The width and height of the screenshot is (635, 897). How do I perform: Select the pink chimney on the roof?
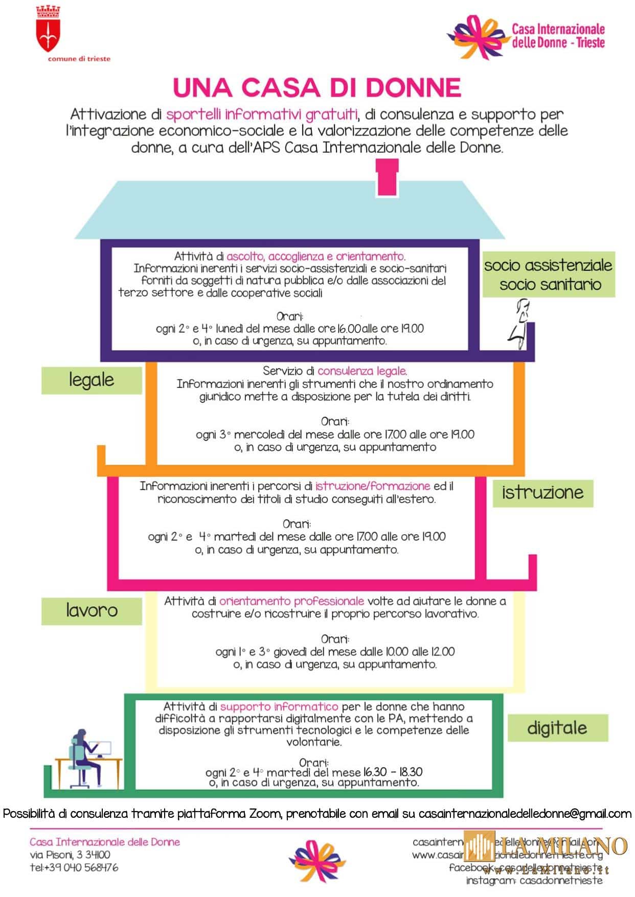pos(387,178)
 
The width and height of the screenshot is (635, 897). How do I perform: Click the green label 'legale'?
pos(92,380)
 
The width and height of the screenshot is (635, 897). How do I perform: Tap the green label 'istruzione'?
pos(542,493)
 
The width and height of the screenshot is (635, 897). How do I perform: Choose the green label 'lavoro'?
pos(92,611)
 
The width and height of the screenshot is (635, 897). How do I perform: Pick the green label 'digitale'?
pos(557,728)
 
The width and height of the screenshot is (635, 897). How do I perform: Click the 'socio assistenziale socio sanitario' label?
pos(548,274)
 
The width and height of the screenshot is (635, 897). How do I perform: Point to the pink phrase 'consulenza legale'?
pos(362,371)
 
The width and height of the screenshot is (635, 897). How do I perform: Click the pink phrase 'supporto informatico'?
pos(279,707)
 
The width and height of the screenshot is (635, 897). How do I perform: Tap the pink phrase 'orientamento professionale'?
pos(291,601)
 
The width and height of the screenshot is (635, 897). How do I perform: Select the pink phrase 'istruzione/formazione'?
pos(373,486)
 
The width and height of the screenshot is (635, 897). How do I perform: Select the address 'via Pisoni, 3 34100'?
pos(70,855)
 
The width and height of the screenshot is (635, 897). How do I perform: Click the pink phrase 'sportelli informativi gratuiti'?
pos(262,114)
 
